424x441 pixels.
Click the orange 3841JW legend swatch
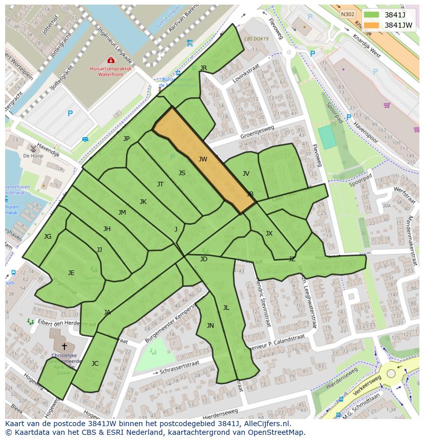[372, 25]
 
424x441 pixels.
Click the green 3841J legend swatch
[372, 15]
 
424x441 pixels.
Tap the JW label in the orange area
[203, 159]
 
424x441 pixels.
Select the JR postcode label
[203, 68]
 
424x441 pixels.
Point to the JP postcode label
[126, 138]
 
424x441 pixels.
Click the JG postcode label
[48, 236]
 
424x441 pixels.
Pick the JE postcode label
[71, 272]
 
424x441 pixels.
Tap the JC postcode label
[95, 363]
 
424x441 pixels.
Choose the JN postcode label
[210, 325]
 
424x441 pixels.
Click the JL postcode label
[226, 307]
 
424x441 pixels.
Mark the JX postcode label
[269, 234]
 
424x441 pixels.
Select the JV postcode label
[246, 174]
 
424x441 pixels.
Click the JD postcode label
[204, 259]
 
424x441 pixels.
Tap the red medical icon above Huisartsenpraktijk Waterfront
[111, 60]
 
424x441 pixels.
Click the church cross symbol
[64, 346]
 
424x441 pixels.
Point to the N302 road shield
[347, 15]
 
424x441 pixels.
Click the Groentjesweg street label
[257, 133]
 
